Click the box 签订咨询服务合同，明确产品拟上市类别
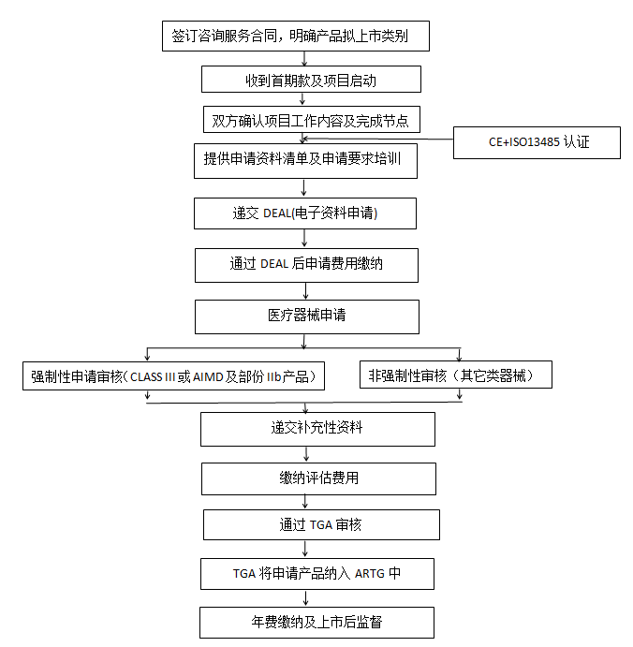297,37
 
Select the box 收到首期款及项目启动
311,79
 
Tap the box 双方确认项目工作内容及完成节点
311,120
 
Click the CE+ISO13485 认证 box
536,143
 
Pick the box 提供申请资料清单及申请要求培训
303,159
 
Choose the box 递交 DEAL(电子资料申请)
304,213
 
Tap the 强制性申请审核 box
177,376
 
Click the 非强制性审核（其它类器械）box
455,375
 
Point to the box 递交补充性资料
317,429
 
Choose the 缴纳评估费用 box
318,478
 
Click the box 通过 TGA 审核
320,524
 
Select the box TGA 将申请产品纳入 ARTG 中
316,573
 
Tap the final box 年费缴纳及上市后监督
316,622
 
